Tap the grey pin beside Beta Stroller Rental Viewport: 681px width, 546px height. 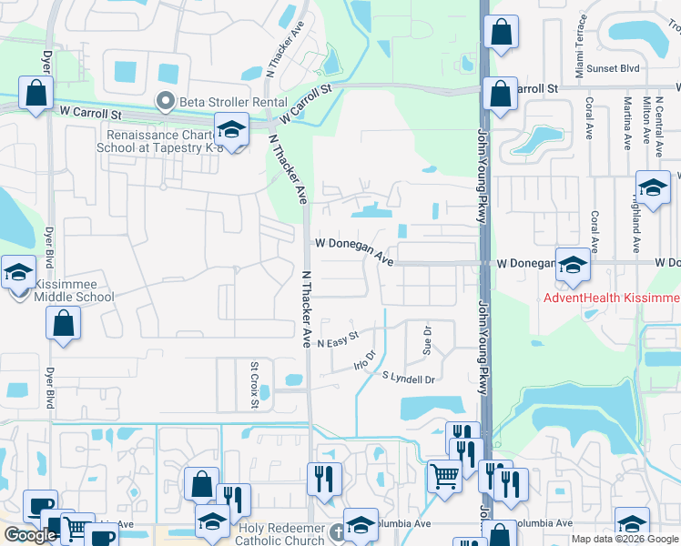click(165, 101)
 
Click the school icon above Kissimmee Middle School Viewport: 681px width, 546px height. click(18, 272)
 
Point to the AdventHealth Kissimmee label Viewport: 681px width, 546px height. click(612, 298)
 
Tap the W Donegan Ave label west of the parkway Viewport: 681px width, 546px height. click(354, 251)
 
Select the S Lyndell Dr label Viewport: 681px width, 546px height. click(409, 377)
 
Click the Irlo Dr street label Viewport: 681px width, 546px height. click(364, 359)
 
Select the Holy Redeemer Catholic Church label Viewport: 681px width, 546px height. click(281, 534)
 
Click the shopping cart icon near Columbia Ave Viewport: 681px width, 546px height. click(444, 475)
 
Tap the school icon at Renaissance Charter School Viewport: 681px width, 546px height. click(231, 131)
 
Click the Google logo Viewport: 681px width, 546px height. click(31, 535)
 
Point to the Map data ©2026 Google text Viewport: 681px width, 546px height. click(625, 539)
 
